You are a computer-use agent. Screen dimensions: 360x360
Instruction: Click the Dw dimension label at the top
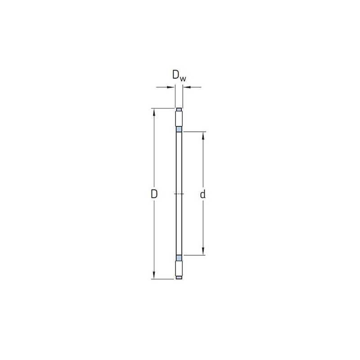(x=179, y=76)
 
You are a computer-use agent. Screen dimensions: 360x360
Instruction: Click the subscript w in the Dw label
(x=183, y=79)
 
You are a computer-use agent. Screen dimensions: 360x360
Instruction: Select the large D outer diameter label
(x=154, y=194)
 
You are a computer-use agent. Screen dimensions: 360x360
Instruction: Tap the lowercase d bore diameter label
(x=203, y=194)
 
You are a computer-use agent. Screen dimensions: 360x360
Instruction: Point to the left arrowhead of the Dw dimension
(x=171, y=87)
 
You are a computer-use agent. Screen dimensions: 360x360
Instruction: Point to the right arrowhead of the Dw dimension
(x=187, y=87)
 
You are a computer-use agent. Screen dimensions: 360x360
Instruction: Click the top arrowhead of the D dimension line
(x=154, y=112)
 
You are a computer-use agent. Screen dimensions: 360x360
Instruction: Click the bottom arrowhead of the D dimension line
(x=154, y=275)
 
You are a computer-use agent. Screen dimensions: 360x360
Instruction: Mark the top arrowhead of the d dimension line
(x=203, y=136)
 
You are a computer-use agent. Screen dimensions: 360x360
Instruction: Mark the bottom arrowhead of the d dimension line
(x=203, y=251)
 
